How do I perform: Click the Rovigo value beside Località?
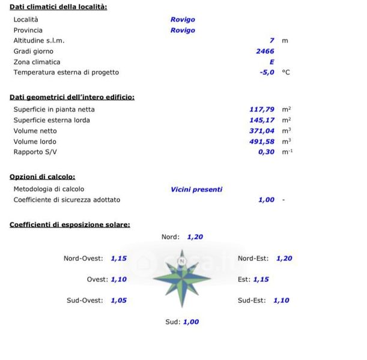[x=183, y=19]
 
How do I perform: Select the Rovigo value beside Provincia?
[x=183, y=30]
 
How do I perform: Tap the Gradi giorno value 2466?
[x=265, y=51]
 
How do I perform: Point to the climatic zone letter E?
[x=271, y=62]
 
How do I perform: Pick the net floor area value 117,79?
[x=262, y=109]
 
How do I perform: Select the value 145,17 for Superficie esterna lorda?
[x=262, y=120]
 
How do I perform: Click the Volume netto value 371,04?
[x=262, y=131]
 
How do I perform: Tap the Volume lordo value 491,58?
[x=262, y=142]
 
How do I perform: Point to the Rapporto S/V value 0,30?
[x=265, y=152]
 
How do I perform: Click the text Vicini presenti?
[x=196, y=189]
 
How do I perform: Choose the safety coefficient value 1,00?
[x=266, y=200]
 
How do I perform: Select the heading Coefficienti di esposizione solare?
[x=70, y=225]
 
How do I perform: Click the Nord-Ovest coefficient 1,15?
[x=118, y=259]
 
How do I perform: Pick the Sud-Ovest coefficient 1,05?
[x=118, y=300]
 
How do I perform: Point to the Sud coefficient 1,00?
[x=190, y=322]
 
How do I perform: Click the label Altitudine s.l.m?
[x=39, y=41]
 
